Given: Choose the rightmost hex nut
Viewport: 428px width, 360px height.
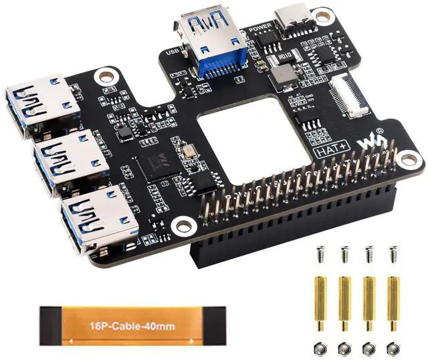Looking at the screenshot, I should click(392, 348).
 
